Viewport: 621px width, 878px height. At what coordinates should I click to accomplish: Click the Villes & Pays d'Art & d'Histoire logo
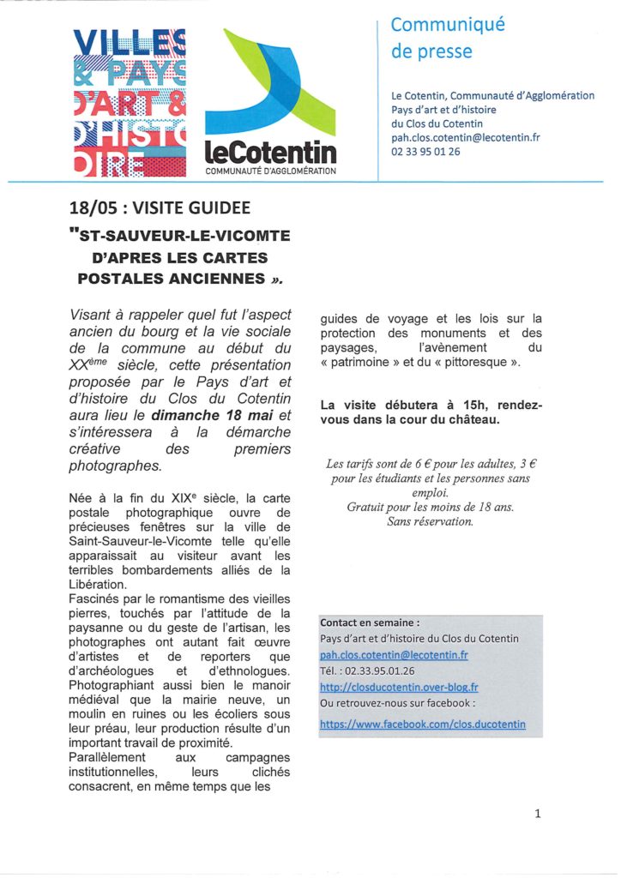pyautogui.click(x=130, y=103)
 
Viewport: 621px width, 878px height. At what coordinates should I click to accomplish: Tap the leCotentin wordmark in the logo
pyautogui.click(x=271, y=153)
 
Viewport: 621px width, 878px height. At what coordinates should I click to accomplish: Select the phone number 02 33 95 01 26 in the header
pyautogui.click(x=425, y=152)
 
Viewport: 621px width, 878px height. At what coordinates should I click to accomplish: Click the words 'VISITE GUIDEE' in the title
pyautogui.click(x=192, y=209)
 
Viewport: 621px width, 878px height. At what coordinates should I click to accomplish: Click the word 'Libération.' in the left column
pyautogui.click(x=98, y=585)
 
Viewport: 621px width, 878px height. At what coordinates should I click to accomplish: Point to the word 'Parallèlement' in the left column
pyautogui.click(x=108, y=757)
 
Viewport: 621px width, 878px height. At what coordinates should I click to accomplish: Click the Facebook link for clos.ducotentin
pyautogui.click(x=423, y=724)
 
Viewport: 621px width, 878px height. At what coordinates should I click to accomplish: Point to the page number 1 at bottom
pyautogui.click(x=538, y=814)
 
